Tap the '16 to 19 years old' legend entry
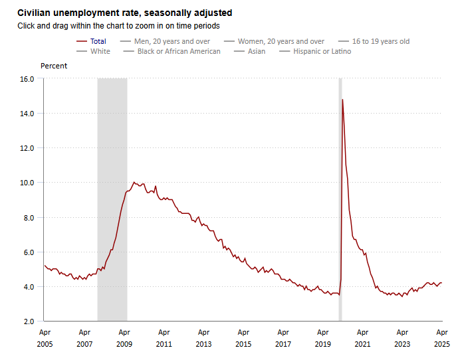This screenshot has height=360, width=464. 381,41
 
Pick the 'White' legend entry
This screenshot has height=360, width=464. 100,51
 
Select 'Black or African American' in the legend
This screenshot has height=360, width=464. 179,51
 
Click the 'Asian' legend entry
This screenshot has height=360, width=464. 257,51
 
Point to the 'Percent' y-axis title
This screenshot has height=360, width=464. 54,66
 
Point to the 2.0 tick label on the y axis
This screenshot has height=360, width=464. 29,321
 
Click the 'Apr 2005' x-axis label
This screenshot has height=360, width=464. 45,338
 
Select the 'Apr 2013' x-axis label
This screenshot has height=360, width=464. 203,338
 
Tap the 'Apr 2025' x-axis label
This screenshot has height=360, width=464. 442,338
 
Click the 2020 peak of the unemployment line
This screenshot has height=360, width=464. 342,100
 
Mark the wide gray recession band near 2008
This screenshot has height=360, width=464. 112,199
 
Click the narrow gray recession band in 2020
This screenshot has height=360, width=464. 340,199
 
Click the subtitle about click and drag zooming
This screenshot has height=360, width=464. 118,26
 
